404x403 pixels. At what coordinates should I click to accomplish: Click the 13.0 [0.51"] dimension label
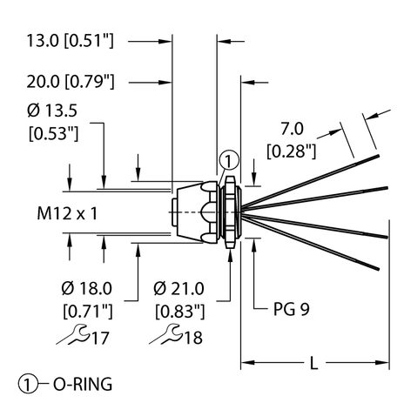(71, 40)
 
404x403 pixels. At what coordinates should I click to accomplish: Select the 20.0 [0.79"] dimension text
(71, 82)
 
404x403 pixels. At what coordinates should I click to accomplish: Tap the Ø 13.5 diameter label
(52, 111)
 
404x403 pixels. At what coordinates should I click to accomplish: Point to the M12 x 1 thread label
(67, 213)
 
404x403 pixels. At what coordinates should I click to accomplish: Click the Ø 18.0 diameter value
(87, 288)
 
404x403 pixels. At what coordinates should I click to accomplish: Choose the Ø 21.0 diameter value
(178, 288)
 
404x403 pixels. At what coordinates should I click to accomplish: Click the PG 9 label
(292, 309)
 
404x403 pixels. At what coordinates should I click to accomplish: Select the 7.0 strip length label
(292, 129)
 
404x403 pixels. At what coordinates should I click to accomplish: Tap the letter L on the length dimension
(314, 363)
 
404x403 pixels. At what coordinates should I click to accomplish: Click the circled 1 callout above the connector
(229, 160)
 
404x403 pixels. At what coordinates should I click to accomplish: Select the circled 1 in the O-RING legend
(28, 384)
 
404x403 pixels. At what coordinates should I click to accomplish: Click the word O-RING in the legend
(83, 384)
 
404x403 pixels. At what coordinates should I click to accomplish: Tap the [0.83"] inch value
(180, 312)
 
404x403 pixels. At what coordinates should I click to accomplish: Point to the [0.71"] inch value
(88, 312)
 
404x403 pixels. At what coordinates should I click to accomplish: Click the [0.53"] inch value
(54, 133)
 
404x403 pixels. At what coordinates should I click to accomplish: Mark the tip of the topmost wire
(378, 156)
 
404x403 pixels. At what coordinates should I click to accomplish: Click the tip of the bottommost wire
(378, 269)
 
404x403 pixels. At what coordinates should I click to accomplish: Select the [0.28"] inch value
(292, 151)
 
